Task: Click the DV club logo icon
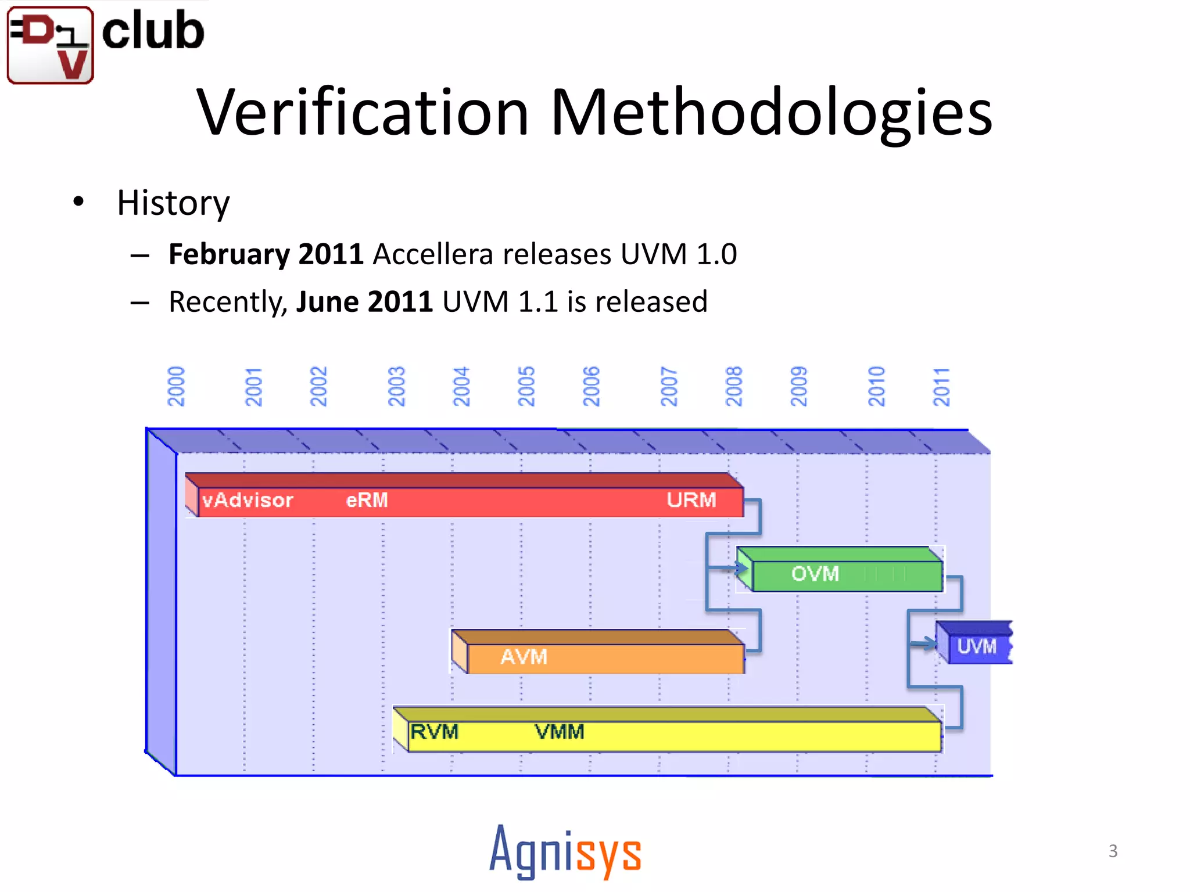tap(50, 45)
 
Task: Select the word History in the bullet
tap(173, 203)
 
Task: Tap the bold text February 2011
tap(266, 254)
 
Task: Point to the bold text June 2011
tap(364, 302)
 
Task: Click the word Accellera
tap(433, 254)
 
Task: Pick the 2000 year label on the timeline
tap(175, 387)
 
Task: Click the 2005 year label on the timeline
tap(526, 387)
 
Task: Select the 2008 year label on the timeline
tap(734, 387)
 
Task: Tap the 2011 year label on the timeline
tap(941, 387)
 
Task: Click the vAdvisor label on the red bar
tap(248, 500)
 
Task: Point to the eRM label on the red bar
tap(367, 500)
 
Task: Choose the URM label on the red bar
tap(691, 500)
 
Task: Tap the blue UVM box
tap(976, 646)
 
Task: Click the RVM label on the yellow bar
tap(434, 732)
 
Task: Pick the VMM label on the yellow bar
tap(559, 732)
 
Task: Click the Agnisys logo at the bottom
tap(565, 851)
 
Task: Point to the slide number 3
tap(1113, 851)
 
